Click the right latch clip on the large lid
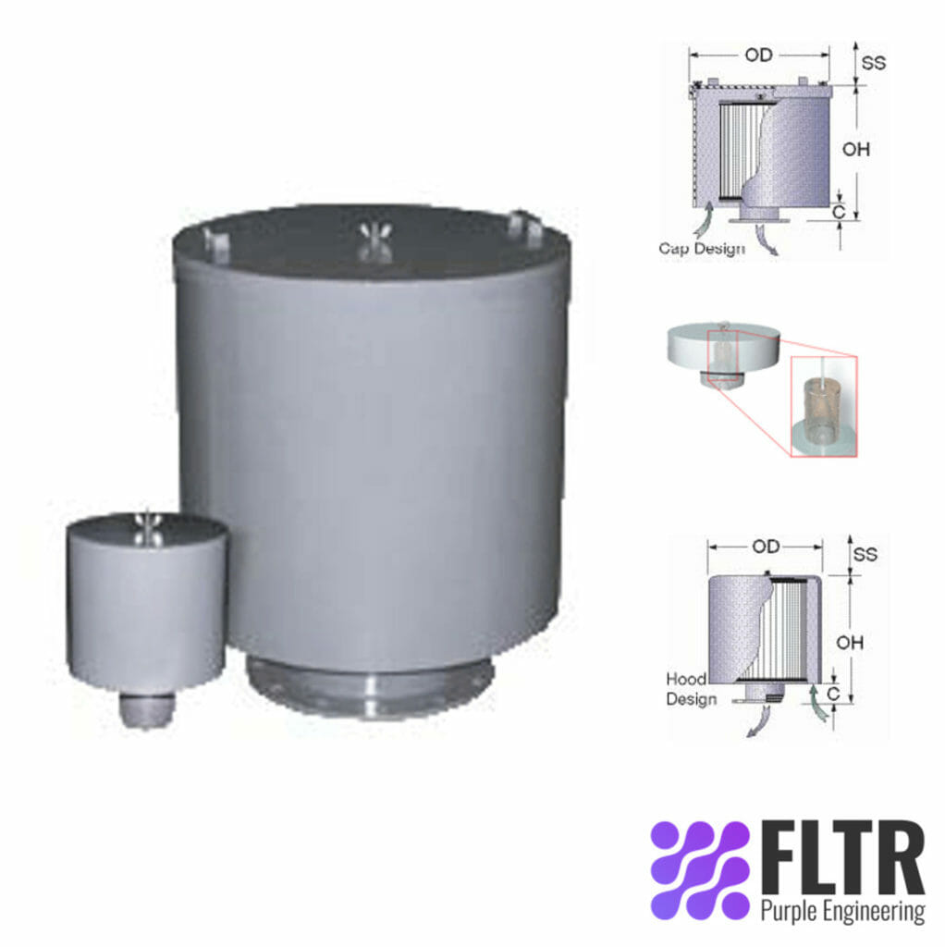tap(523, 226)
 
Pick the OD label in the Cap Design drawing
tap(758, 55)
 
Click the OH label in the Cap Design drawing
tap(857, 148)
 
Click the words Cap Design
tap(701, 248)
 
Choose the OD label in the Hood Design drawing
tap(766, 547)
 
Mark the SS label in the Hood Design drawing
tap(865, 554)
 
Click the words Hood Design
tap(691, 690)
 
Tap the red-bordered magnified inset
tap(823, 406)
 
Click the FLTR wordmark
tap(841, 857)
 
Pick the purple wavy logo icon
tap(700, 869)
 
